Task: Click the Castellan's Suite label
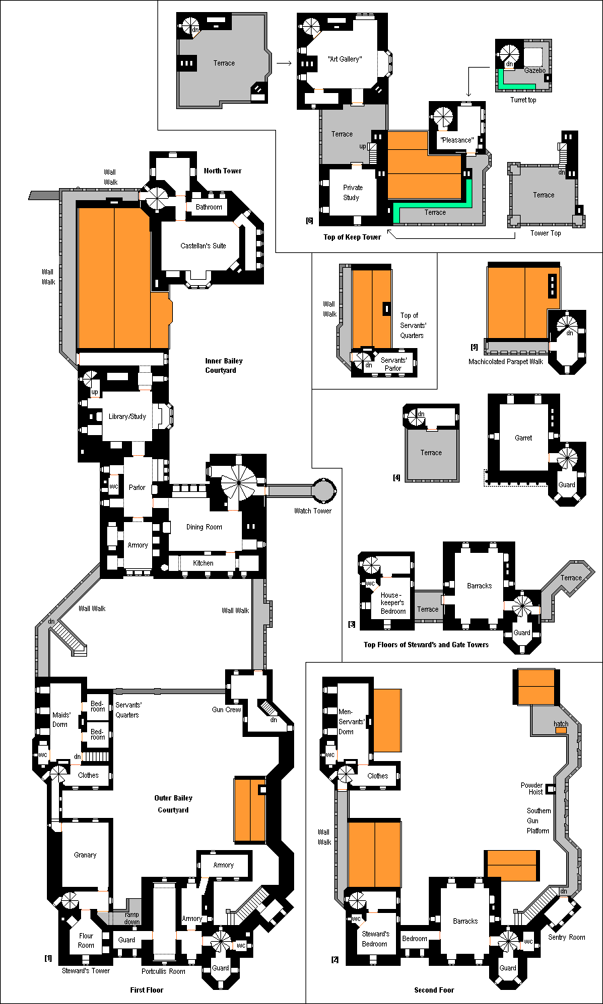pos(203,246)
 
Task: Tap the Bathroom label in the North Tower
pos(208,207)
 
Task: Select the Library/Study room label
pos(127,416)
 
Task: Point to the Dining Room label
pos(204,527)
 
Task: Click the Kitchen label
pos(203,563)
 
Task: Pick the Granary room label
pos(85,855)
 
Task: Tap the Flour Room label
pos(86,940)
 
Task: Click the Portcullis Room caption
pos(163,971)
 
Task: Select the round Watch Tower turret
pos(324,490)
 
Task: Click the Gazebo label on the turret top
pos(535,70)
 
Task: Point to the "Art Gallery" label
pos(344,59)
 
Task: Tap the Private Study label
pos(352,192)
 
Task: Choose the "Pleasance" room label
pos(457,140)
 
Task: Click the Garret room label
pos(523,438)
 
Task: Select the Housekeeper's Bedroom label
pos(393,603)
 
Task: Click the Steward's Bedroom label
pos(375,938)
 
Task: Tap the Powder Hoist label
pos(532,788)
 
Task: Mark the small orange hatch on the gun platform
pos(561,730)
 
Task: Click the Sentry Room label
pos(567,937)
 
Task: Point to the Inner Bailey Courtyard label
pos(223,365)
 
